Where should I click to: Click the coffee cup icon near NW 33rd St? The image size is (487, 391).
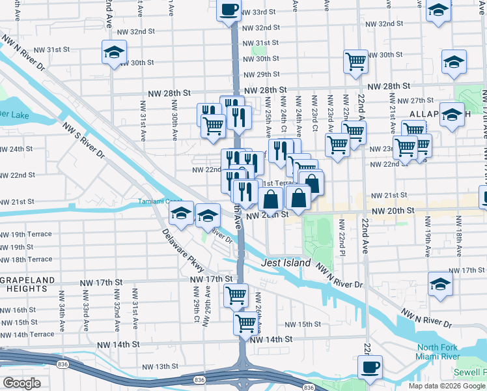click(x=229, y=10)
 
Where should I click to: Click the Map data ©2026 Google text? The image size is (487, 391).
click(x=446, y=386)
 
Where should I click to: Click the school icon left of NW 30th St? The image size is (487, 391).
click(x=114, y=52)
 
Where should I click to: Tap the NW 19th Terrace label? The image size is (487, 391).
click(x=26, y=234)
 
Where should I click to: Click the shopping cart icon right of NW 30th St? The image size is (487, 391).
click(x=355, y=61)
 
